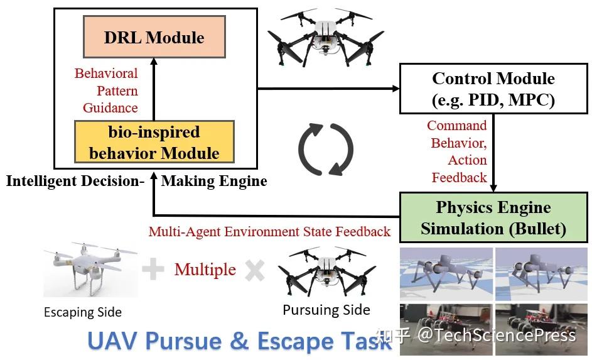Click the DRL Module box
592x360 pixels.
[154, 37]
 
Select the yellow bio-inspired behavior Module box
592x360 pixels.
[154, 143]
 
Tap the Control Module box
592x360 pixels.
[493, 89]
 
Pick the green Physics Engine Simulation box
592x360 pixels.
[493, 217]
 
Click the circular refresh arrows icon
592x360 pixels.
[325, 150]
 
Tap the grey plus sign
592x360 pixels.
[153, 270]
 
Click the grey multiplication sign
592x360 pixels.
[254, 270]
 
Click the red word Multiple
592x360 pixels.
[205, 270]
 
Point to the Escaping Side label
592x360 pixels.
[83, 312]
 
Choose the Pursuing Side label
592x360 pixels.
[326, 310]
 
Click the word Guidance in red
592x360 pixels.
[110, 107]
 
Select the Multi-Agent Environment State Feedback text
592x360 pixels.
[269, 231]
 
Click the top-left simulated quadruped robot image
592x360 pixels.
[446, 273]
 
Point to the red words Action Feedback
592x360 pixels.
[458, 169]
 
